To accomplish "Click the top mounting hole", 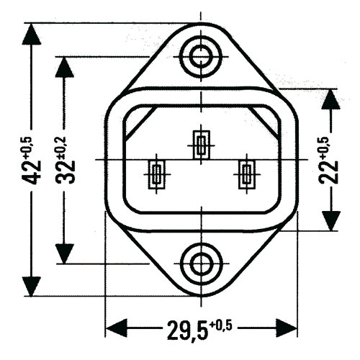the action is point(201,56).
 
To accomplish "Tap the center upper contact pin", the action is point(202,145).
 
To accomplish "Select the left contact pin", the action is point(157,174).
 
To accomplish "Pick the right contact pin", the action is point(247,174).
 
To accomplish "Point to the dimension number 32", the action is point(66,172).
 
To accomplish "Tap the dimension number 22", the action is point(328,172).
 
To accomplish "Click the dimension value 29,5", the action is point(187,330).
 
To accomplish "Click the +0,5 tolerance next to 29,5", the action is point(221,325).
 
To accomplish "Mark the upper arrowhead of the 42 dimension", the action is point(31,34).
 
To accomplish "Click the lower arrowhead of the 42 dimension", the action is point(31,286).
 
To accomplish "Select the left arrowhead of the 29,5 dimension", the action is point(116,328).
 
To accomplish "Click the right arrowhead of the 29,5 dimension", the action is point(287,328).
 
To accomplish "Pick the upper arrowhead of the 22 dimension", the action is point(331,99).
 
